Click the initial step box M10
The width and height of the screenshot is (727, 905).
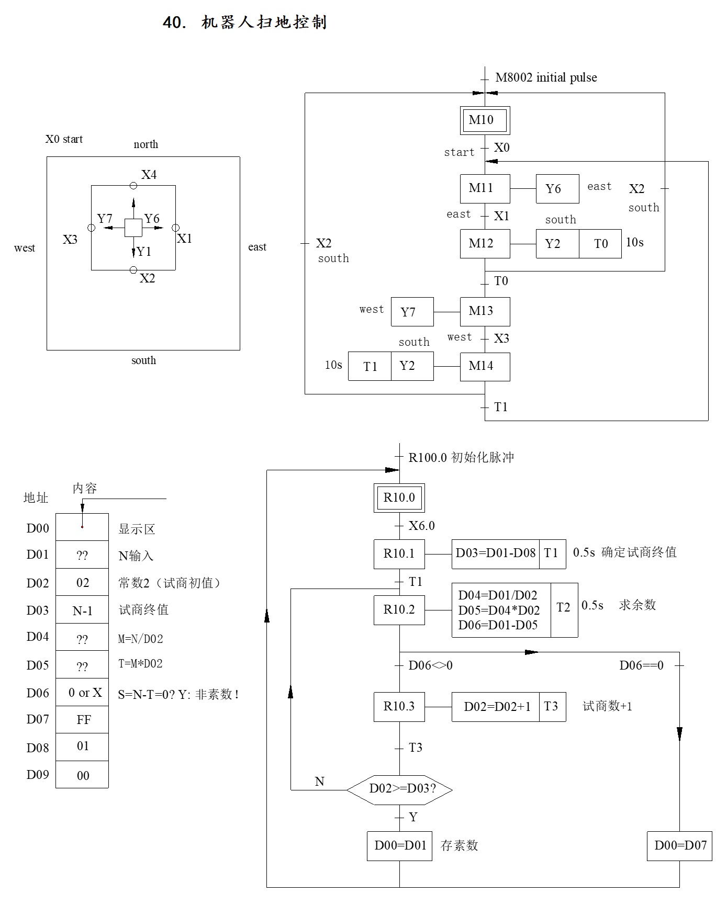pyautogui.click(x=485, y=120)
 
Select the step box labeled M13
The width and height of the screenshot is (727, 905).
pyautogui.click(x=485, y=312)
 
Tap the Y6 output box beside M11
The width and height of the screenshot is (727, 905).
pyautogui.click(x=557, y=189)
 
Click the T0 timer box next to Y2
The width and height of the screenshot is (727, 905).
pyautogui.click(x=600, y=244)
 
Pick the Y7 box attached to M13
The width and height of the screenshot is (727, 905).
pyautogui.click(x=412, y=312)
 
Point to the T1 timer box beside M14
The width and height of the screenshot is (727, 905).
pyautogui.click(x=370, y=366)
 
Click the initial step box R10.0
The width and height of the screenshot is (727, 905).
pyautogui.click(x=399, y=498)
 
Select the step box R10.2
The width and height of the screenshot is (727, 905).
pyautogui.click(x=399, y=610)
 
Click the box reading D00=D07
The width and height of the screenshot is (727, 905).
pyautogui.click(x=679, y=846)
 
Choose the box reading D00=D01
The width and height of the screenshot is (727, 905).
pyautogui.click(x=399, y=846)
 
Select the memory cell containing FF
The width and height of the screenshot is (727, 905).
pyautogui.click(x=82, y=720)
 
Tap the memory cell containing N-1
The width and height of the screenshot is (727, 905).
pyautogui.click(x=82, y=610)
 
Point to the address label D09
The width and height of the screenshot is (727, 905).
pyautogui.click(x=38, y=775)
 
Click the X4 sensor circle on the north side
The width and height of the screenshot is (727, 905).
pyautogui.click(x=133, y=186)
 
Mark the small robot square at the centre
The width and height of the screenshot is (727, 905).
pyautogui.click(x=133, y=228)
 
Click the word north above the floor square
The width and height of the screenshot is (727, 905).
pyautogui.click(x=146, y=144)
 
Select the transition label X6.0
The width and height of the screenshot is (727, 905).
pyautogui.click(x=422, y=526)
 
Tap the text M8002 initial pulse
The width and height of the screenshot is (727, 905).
pyautogui.click(x=546, y=78)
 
